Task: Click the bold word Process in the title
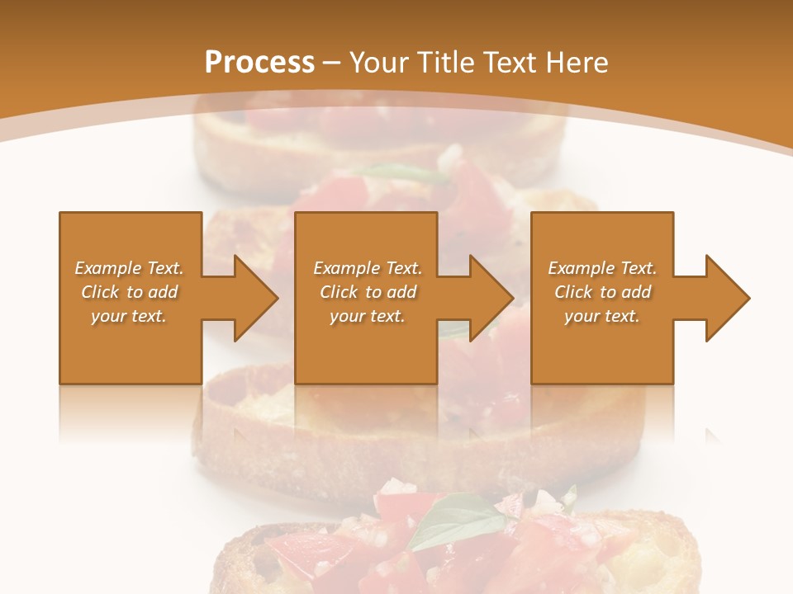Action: (259, 63)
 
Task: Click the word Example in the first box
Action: (107, 268)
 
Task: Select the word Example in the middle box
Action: (346, 268)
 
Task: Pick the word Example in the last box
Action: (581, 268)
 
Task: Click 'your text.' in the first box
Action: (129, 316)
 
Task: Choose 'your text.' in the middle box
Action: (368, 316)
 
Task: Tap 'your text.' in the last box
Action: (602, 316)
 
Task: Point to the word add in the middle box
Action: (401, 292)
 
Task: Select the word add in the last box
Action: (636, 292)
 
